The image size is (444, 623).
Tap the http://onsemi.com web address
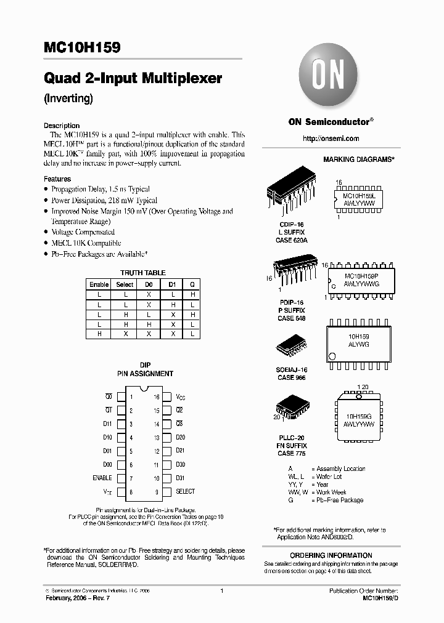[x=331, y=139]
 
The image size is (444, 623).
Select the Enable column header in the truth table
[x=99, y=284]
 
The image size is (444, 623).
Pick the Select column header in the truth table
[x=125, y=284]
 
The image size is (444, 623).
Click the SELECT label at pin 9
[x=185, y=491]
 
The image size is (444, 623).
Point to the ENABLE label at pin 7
[x=102, y=478]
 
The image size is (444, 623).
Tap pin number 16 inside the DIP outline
[x=157, y=398]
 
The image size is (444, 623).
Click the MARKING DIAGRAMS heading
[x=358, y=159]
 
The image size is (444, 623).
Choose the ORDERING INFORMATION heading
[x=331, y=555]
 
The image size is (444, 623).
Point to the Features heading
[x=57, y=179]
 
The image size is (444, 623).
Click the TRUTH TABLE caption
[x=142, y=273]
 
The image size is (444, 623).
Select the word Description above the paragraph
[x=62, y=126]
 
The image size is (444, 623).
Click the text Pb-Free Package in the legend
[x=340, y=500]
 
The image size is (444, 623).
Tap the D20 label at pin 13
[x=181, y=437]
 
